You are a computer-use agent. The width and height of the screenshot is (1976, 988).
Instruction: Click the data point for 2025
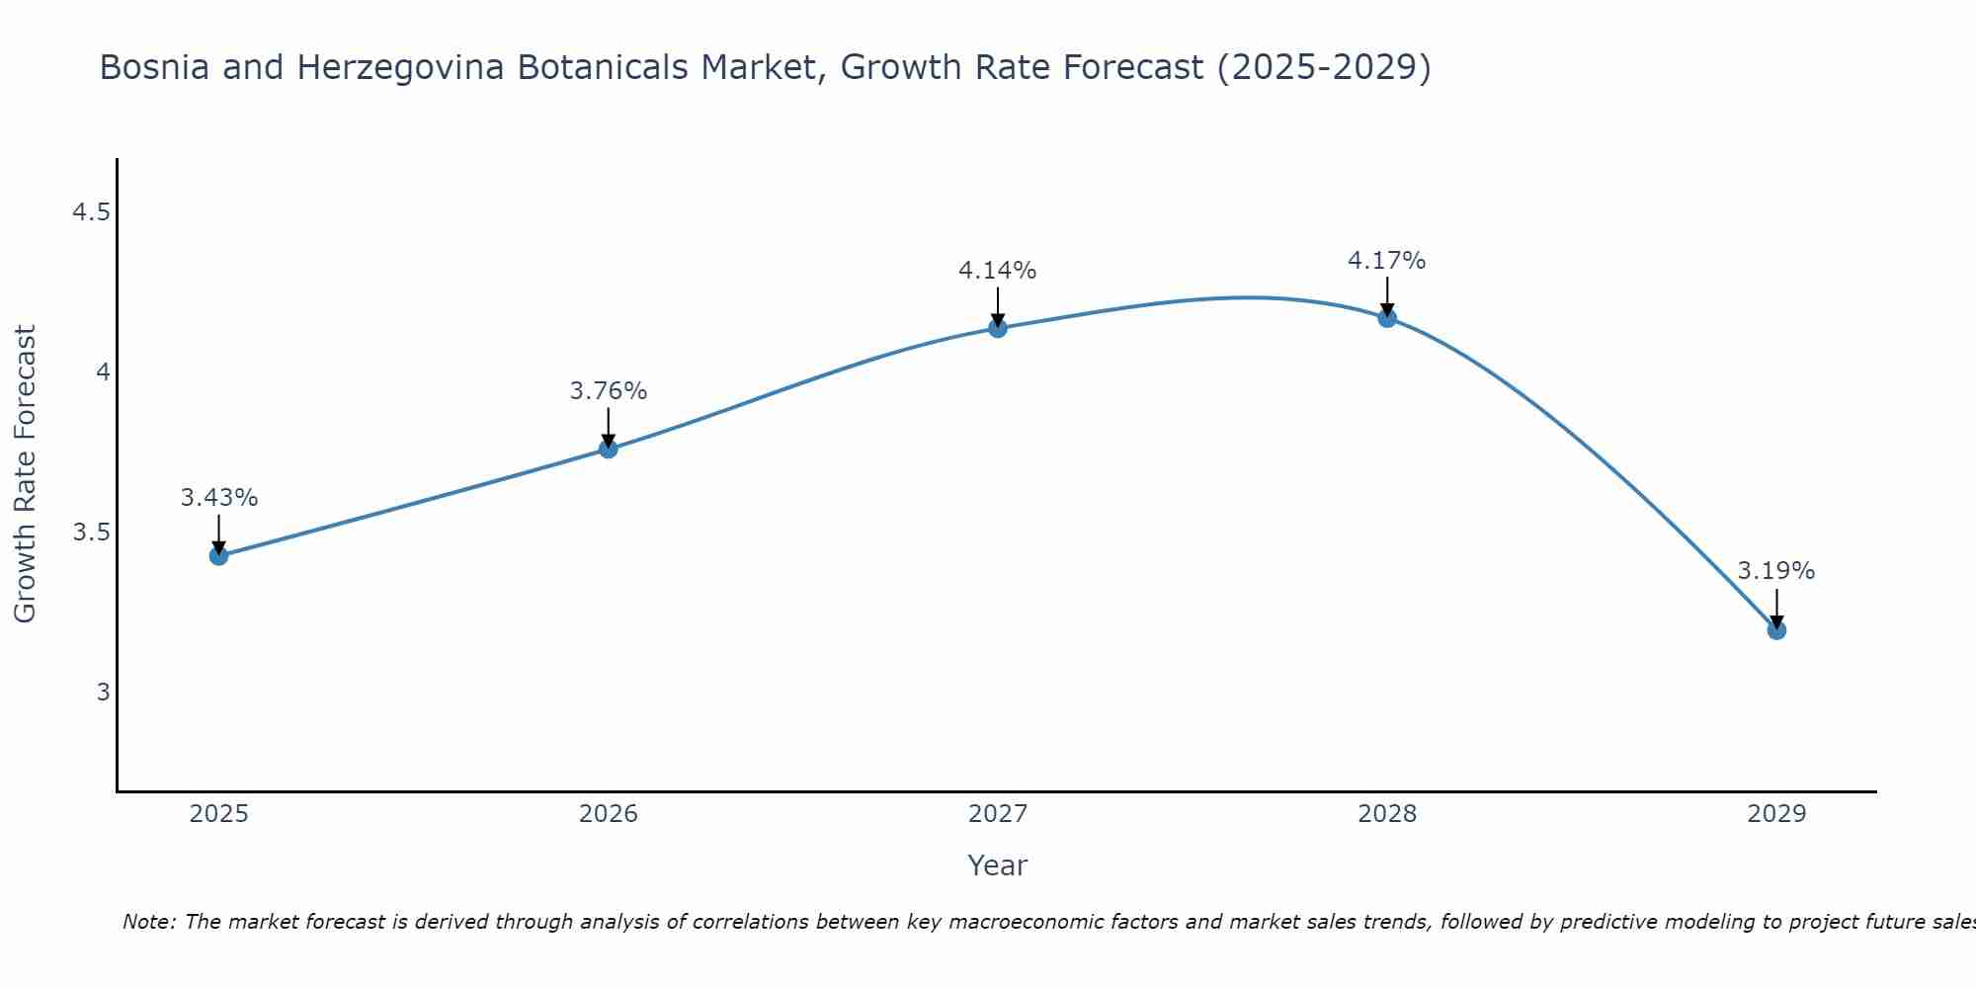click(x=219, y=555)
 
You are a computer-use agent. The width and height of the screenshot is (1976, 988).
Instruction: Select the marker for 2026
click(x=609, y=449)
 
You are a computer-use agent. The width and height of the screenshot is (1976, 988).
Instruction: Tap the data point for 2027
click(x=998, y=328)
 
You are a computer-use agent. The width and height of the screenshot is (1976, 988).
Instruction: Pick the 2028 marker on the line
click(x=1387, y=317)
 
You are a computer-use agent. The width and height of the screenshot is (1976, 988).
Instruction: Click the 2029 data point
click(x=1776, y=629)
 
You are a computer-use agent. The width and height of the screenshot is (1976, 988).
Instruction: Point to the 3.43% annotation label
click(x=219, y=498)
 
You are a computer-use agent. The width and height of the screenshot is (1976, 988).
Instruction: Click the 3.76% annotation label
click(x=609, y=391)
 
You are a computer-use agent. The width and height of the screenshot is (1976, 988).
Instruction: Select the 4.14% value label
click(x=998, y=271)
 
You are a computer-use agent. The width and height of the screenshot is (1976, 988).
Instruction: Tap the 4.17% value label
click(x=1387, y=261)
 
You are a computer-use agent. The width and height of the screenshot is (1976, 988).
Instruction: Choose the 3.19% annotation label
click(x=1776, y=571)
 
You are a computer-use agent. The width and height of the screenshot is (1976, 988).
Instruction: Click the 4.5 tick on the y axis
click(x=91, y=212)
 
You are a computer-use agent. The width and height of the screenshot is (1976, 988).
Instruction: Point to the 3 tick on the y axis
click(x=103, y=692)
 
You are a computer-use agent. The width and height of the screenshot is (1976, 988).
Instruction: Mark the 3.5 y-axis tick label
click(x=91, y=533)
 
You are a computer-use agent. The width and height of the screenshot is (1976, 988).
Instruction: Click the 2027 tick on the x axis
click(x=998, y=814)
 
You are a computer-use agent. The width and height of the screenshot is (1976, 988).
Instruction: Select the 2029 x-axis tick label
click(x=1776, y=814)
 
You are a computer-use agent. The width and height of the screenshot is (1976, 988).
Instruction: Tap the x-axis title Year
click(x=998, y=865)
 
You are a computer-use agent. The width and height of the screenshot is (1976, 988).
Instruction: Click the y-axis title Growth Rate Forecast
click(x=26, y=474)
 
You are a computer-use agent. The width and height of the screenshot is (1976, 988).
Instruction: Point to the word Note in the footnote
click(x=148, y=922)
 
